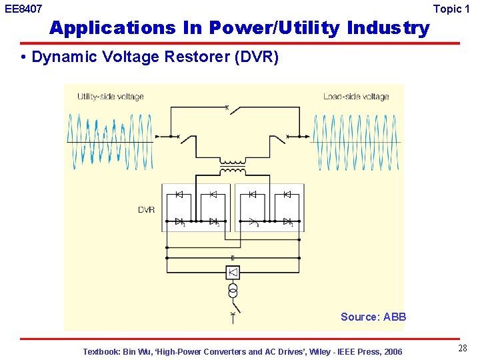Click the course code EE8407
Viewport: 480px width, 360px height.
pyautogui.click(x=23, y=9)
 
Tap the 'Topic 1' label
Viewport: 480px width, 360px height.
pyautogui.click(x=456, y=9)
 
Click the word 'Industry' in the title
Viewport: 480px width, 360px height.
pyautogui.click(x=388, y=28)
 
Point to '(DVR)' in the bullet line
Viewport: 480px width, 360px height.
pyautogui.click(x=256, y=57)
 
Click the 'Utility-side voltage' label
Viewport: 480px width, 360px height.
pyautogui.click(x=110, y=97)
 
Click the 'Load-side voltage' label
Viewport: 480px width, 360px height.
pyautogui.click(x=356, y=97)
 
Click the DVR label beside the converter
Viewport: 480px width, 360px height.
pyautogui.click(x=146, y=210)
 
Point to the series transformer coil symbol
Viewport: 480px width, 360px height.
pyautogui.click(x=233, y=167)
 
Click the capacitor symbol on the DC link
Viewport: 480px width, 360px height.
pyautogui.click(x=233, y=257)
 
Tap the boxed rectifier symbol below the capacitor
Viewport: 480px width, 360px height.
pyautogui.click(x=233, y=273)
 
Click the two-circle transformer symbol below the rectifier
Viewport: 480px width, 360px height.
pyautogui.click(x=233, y=291)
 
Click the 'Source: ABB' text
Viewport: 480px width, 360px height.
pyautogui.click(x=373, y=317)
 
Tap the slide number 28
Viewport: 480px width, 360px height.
pyautogui.click(x=463, y=349)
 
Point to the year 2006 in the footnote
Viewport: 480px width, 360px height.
pyautogui.click(x=392, y=351)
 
